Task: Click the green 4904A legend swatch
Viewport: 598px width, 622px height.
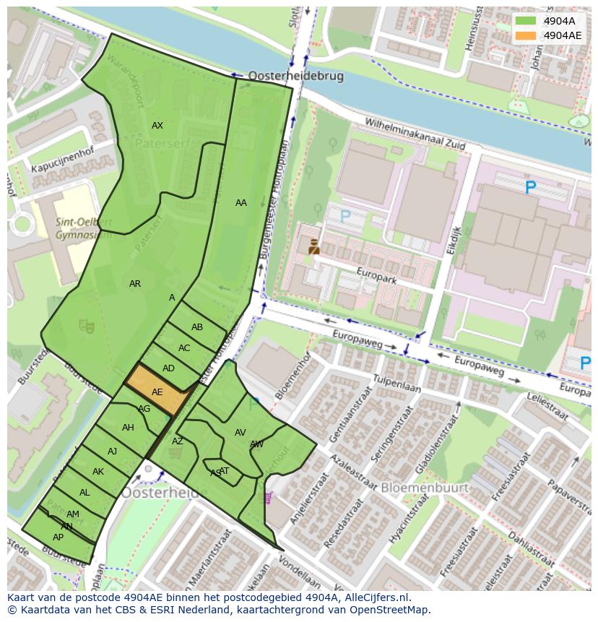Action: click(526, 21)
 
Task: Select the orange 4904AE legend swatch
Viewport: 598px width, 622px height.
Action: click(526, 35)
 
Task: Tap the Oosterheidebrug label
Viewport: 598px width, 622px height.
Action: click(295, 76)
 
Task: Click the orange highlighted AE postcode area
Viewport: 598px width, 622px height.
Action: click(157, 391)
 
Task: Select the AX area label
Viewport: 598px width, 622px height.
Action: click(157, 126)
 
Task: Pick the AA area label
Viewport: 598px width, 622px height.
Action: click(241, 203)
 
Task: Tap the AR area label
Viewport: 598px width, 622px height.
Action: click(135, 284)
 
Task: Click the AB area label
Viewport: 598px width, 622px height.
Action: click(197, 327)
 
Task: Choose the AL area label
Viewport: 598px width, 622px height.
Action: click(84, 493)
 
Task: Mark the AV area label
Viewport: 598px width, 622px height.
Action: click(240, 433)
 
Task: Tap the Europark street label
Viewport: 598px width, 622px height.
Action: click(378, 275)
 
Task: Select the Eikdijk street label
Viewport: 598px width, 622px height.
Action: click(453, 239)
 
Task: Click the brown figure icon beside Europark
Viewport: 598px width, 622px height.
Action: click(314, 246)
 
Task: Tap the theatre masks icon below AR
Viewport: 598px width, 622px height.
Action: click(87, 327)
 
